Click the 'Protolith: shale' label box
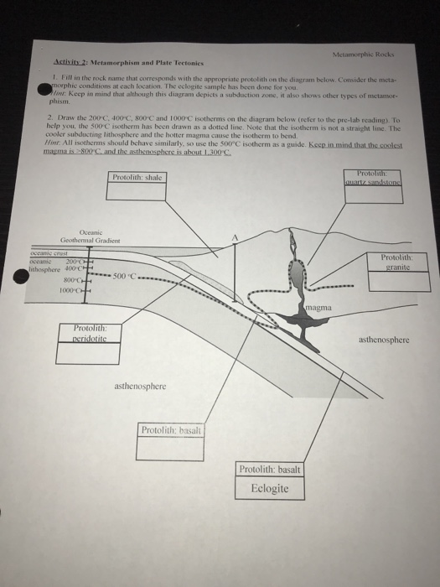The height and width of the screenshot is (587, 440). point(139,179)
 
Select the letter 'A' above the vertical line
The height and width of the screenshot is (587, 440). point(236,240)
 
